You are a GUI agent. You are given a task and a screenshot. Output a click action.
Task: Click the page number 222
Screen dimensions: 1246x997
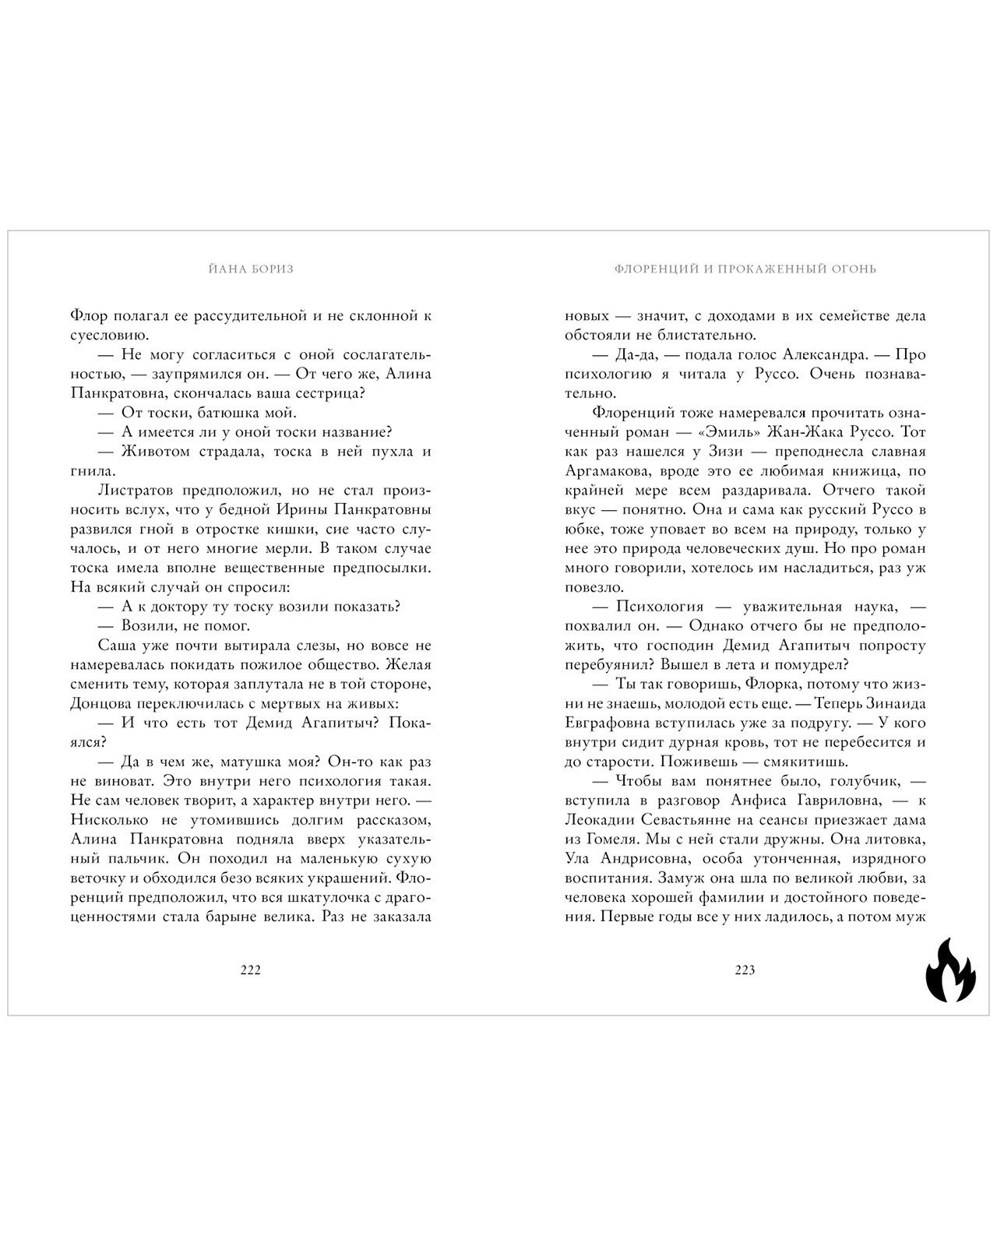coord(250,970)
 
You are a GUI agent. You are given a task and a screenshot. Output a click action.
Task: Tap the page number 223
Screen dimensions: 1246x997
coord(745,970)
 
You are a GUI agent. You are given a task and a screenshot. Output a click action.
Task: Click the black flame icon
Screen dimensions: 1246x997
coord(949,970)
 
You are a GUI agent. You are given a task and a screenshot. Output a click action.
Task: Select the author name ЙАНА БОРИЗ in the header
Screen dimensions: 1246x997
coord(251,269)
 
